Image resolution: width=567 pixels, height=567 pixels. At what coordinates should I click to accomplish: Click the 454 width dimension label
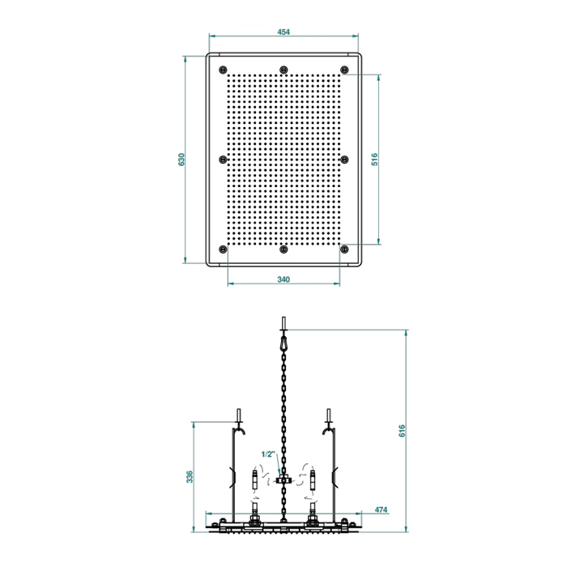click(x=283, y=32)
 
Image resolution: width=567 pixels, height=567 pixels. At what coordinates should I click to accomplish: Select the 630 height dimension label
click(x=181, y=160)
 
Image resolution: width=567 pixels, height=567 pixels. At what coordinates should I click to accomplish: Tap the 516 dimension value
click(x=375, y=160)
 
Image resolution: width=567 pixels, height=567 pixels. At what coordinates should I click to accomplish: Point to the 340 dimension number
click(x=283, y=279)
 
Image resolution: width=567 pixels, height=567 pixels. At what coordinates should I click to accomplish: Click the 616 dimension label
click(x=403, y=431)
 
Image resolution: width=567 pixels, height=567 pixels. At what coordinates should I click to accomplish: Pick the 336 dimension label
click(x=190, y=476)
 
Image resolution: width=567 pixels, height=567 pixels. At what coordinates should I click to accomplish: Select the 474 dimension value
click(x=381, y=509)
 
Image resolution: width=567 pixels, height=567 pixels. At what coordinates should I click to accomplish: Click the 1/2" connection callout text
click(x=268, y=454)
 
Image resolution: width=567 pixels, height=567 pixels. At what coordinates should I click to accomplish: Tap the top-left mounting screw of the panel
click(x=223, y=69)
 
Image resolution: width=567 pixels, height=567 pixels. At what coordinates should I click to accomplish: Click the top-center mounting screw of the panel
click(x=283, y=69)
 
